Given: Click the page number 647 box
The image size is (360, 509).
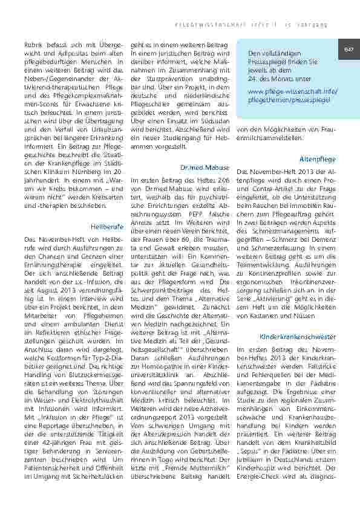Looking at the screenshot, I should pyautogui.click(x=349, y=49).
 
